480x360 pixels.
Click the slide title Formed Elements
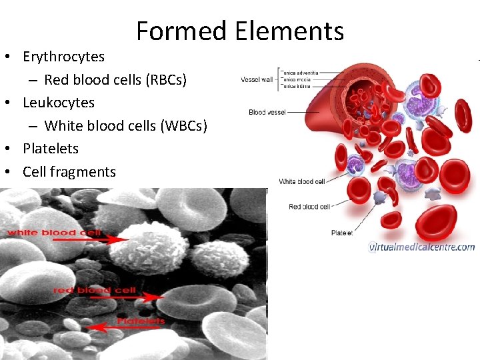pyautogui.click(x=240, y=31)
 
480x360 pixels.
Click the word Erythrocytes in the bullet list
pyautogui.click(x=63, y=57)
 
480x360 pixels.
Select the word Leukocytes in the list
pyautogui.click(x=59, y=103)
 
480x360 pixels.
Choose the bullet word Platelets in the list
pyautogui.click(x=51, y=149)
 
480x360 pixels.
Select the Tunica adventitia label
pyautogui.click(x=299, y=72)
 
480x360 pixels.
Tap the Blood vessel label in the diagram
pyautogui.click(x=267, y=113)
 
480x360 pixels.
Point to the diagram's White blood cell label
pyautogui.click(x=301, y=181)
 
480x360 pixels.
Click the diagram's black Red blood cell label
pyautogui.click(x=309, y=207)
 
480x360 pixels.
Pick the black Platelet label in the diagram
pyautogui.click(x=342, y=233)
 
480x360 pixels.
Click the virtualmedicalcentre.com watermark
pyautogui.click(x=421, y=247)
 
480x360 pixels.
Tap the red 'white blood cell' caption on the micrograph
pyautogui.click(x=54, y=233)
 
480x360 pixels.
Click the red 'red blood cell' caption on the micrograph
pyautogui.click(x=94, y=290)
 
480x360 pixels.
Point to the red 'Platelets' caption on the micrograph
pyautogui.click(x=141, y=321)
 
